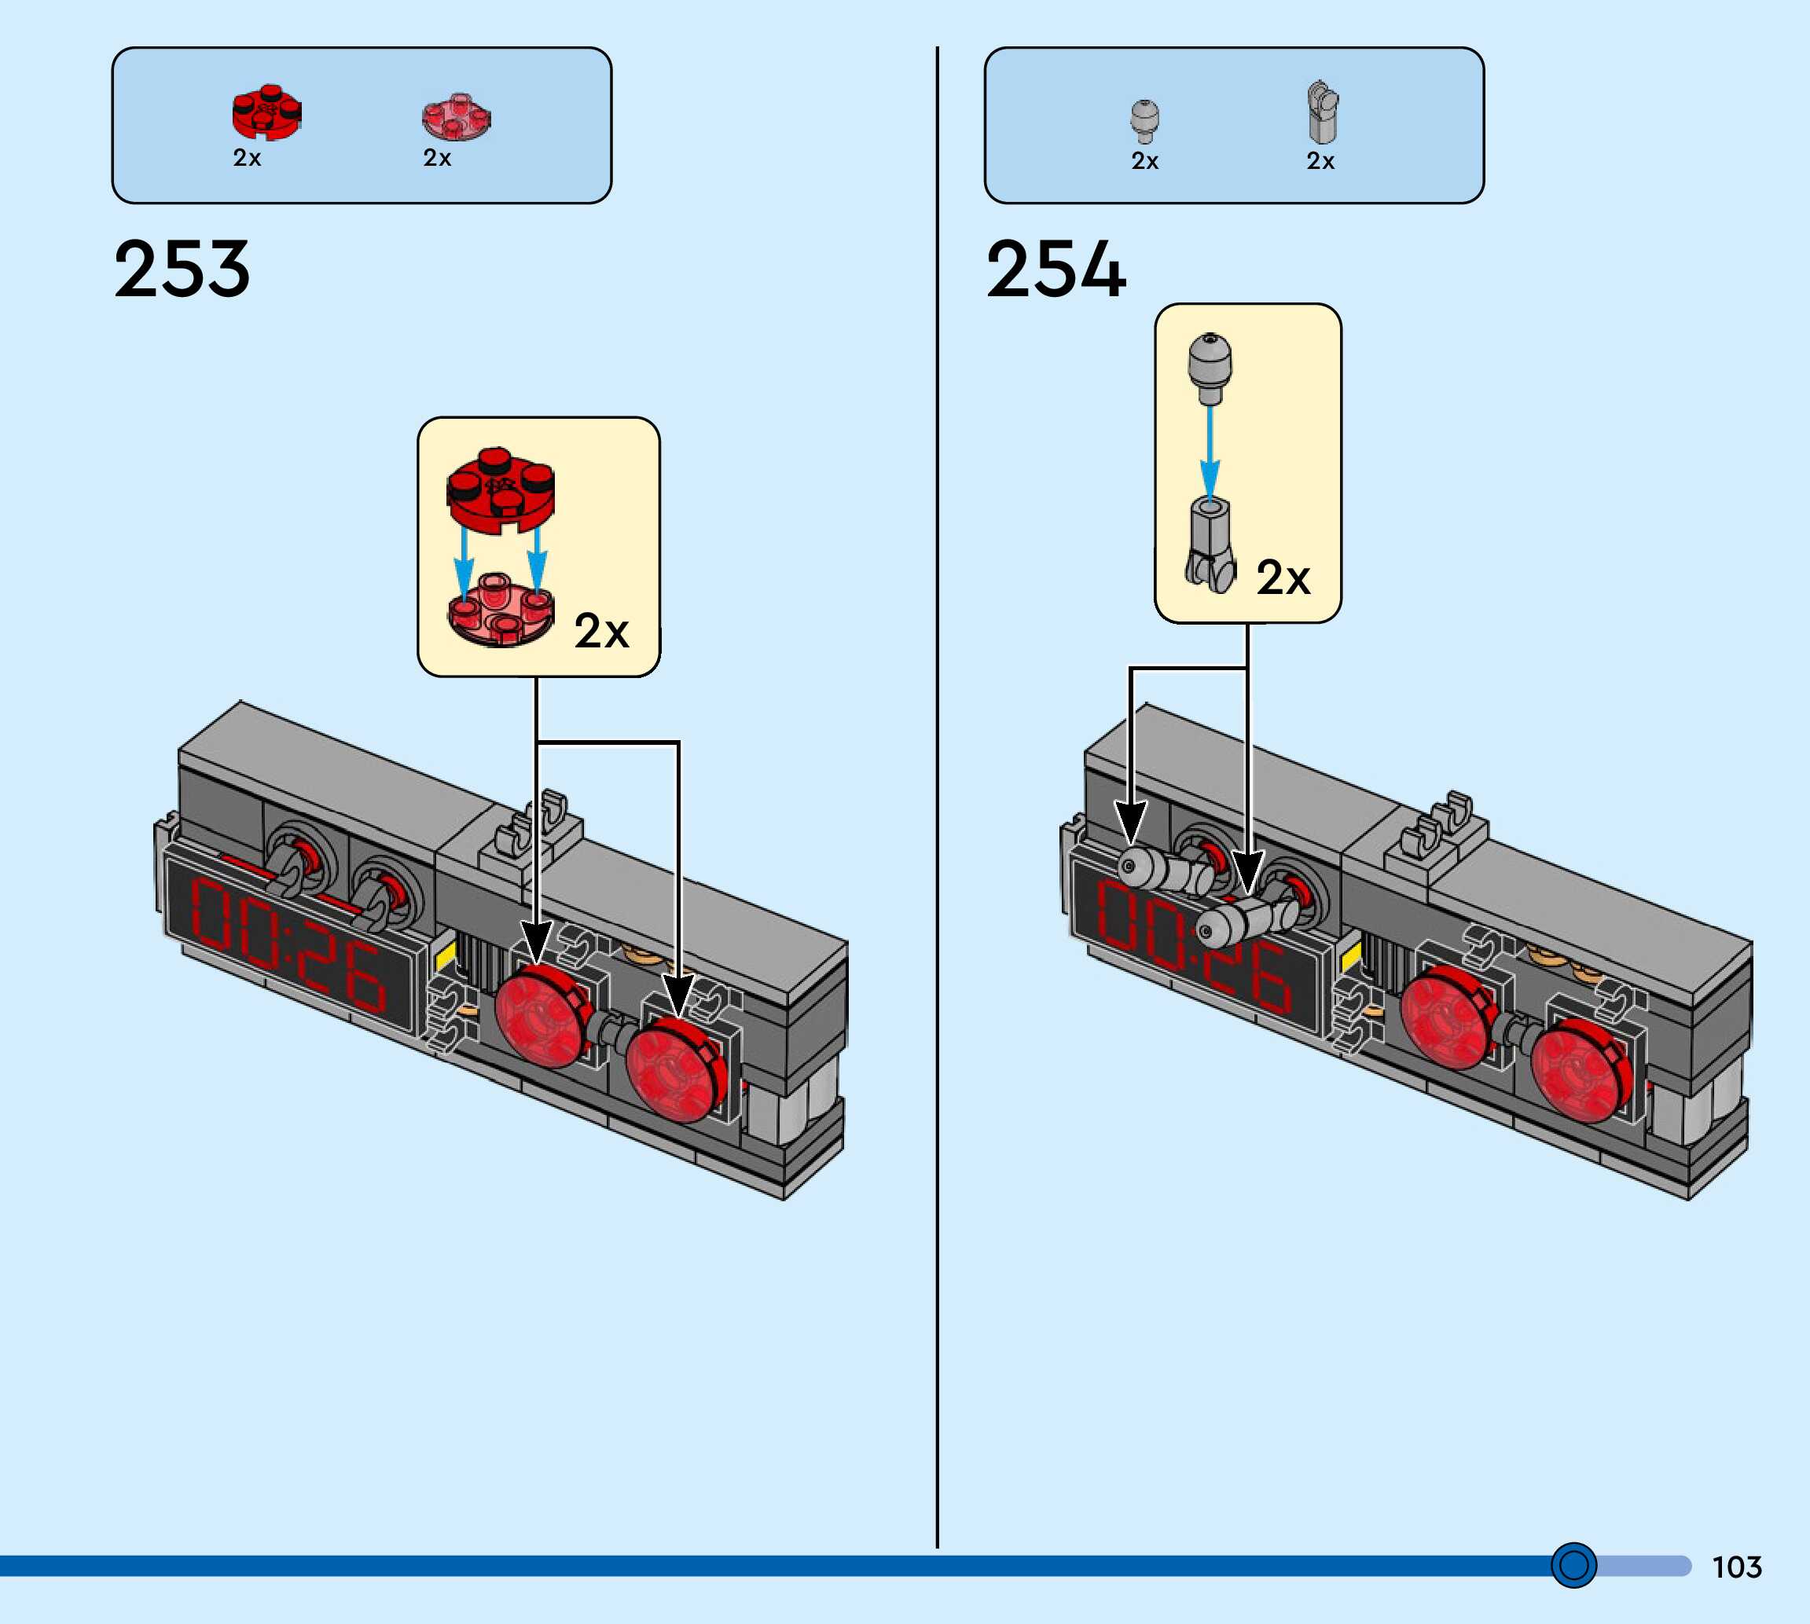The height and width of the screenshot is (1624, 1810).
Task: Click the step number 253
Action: point(182,269)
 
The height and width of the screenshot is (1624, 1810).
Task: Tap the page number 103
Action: point(1736,1567)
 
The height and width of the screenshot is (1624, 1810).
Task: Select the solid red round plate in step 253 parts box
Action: point(266,113)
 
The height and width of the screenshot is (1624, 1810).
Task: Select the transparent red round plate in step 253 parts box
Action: point(456,117)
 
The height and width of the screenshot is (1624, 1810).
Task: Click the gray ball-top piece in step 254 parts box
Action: point(1144,119)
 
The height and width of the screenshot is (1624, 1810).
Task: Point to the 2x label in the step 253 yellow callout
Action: point(600,632)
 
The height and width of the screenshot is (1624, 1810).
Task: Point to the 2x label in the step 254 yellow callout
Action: point(1283,578)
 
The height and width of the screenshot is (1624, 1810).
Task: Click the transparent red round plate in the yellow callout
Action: point(500,610)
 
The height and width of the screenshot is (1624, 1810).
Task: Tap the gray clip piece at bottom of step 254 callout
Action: point(1210,544)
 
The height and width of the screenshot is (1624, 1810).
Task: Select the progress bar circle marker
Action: point(1573,1565)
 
